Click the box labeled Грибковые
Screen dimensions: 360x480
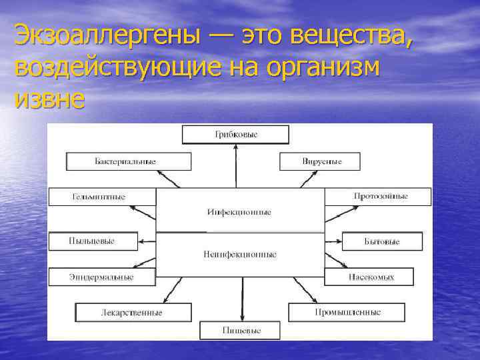coord(236,135)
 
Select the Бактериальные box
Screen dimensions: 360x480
coord(129,161)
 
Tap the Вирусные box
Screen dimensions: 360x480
coord(319,161)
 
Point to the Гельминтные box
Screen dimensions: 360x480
coord(101,197)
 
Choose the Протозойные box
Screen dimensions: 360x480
coord(377,197)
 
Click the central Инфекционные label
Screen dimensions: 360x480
coord(239,212)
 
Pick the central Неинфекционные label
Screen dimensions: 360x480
coord(239,254)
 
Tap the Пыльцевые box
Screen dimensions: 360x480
coord(93,241)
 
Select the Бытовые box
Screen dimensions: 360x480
coord(382,241)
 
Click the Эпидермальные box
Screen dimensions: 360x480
coord(101,277)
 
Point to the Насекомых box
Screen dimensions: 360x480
coord(369,277)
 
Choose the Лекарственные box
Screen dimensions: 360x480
coord(133,312)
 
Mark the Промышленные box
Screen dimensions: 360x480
coord(347,312)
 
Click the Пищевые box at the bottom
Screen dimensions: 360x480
coord(241,330)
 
